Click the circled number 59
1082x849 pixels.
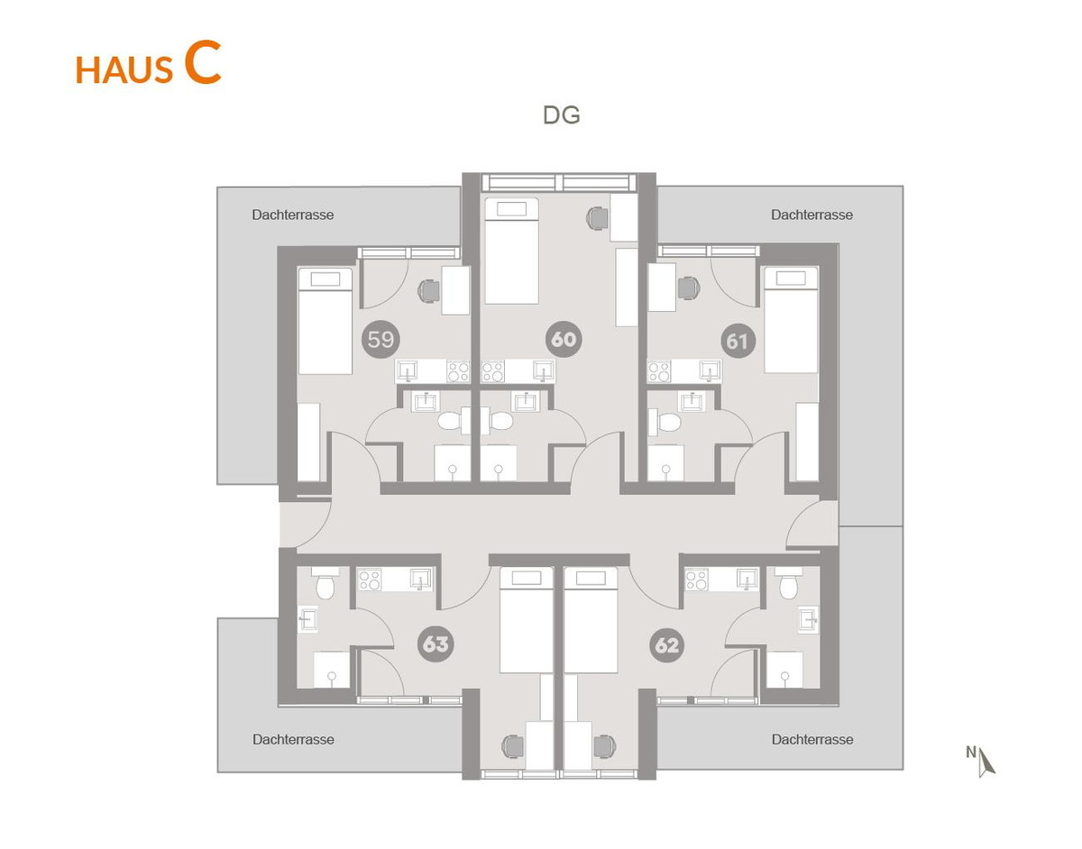tap(381, 340)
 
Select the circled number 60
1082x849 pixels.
tap(564, 340)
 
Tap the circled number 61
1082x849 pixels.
tap(738, 342)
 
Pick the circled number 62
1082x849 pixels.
tap(666, 645)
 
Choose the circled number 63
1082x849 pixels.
tap(436, 644)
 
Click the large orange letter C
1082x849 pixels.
tap(202, 63)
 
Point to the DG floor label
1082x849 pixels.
tap(561, 115)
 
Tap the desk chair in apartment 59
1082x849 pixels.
tap(428, 290)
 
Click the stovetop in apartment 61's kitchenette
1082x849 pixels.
tap(659, 371)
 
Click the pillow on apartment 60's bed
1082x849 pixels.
tap(511, 209)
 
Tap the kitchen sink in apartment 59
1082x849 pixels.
tap(408, 370)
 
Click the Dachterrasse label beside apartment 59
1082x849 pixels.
tap(293, 215)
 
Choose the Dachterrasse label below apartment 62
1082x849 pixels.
tap(812, 740)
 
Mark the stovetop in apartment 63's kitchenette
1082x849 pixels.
tap(370, 580)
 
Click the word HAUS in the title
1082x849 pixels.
tap(124, 70)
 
